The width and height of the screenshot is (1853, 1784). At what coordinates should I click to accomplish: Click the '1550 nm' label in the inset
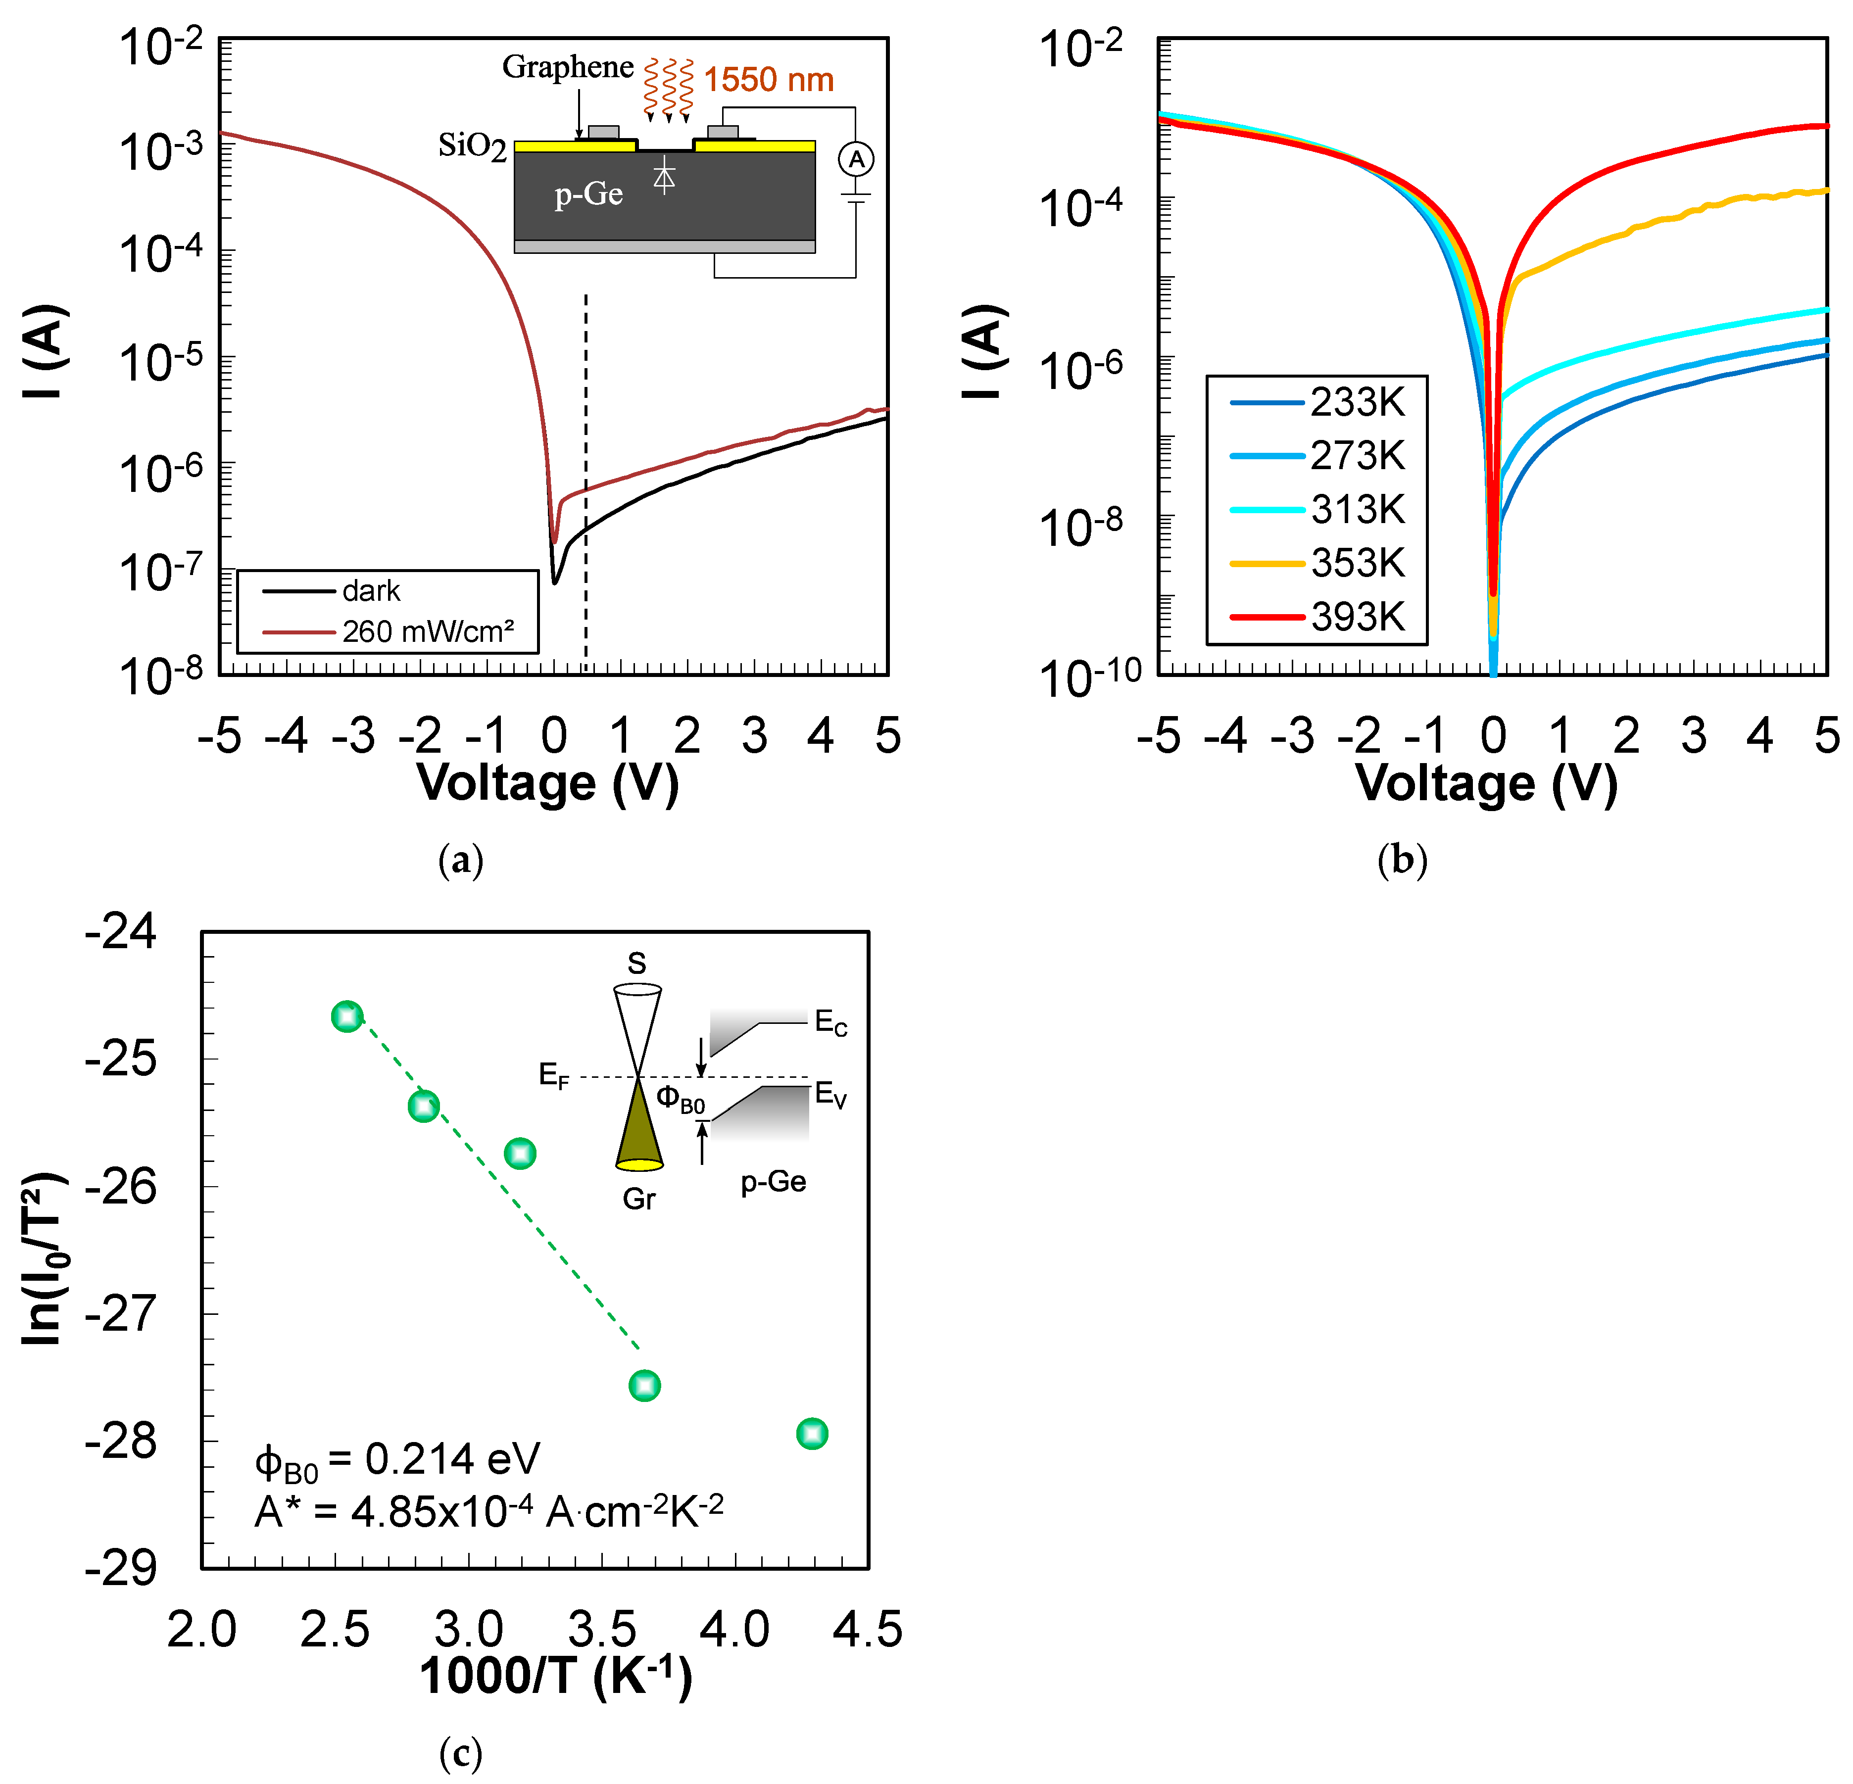(768, 79)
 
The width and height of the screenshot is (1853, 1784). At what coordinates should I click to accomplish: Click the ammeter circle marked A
(856, 159)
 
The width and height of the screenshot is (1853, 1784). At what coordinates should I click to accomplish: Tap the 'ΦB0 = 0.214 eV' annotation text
(397, 1460)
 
